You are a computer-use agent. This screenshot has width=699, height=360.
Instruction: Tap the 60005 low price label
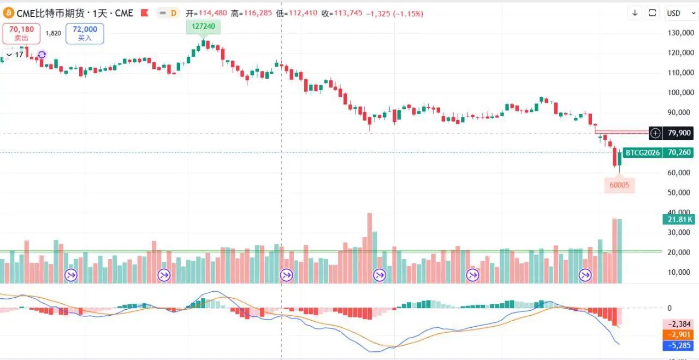(619, 185)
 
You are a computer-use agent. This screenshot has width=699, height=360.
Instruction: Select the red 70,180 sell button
(21, 33)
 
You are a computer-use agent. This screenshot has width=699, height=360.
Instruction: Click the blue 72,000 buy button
(85, 33)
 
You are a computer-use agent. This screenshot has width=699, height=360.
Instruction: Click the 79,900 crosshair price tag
(679, 133)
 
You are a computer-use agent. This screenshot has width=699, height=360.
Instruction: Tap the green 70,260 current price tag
(679, 152)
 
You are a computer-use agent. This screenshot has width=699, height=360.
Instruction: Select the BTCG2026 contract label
(642, 152)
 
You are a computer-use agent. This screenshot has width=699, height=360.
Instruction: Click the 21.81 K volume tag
(679, 220)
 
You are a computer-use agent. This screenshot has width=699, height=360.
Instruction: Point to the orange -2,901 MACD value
(679, 334)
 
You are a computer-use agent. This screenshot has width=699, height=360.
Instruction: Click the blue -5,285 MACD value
(679, 345)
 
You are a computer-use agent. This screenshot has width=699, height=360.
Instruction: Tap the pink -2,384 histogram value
(679, 323)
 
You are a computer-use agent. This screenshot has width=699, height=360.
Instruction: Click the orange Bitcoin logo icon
(8, 13)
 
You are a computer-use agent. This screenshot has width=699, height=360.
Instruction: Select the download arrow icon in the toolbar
(635, 13)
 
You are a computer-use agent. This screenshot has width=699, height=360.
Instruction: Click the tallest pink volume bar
(370, 248)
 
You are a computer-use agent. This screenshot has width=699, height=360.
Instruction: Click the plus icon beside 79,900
(655, 133)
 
